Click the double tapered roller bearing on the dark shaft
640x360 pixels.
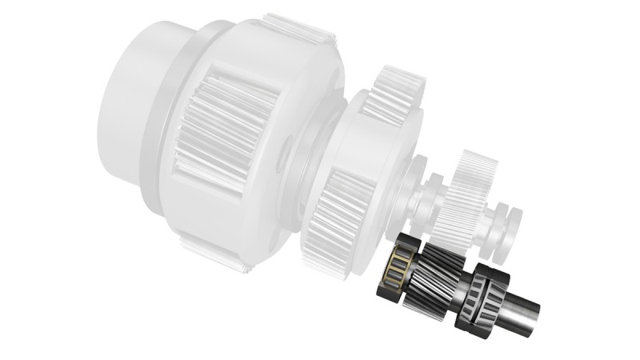point(482,300)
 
